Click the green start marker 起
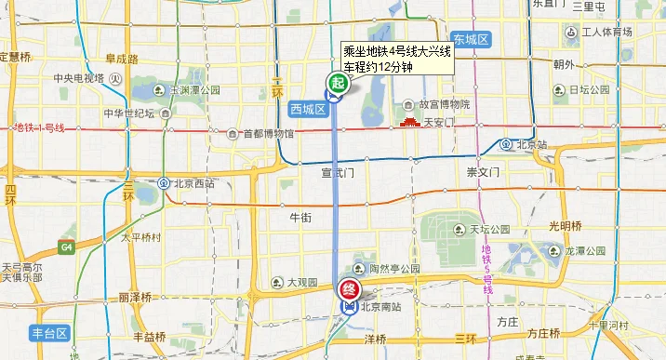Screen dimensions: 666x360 [337, 84]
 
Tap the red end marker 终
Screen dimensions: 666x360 [349, 290]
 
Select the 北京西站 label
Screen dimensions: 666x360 [193, 183]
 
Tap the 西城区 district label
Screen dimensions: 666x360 [307, 109]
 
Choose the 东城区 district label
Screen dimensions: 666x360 [472, 38]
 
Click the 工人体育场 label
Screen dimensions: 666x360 [606, 33]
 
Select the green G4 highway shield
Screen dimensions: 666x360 [67, 247]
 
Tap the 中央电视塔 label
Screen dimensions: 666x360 [78, 78]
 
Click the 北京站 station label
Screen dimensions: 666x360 [532, 144]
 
